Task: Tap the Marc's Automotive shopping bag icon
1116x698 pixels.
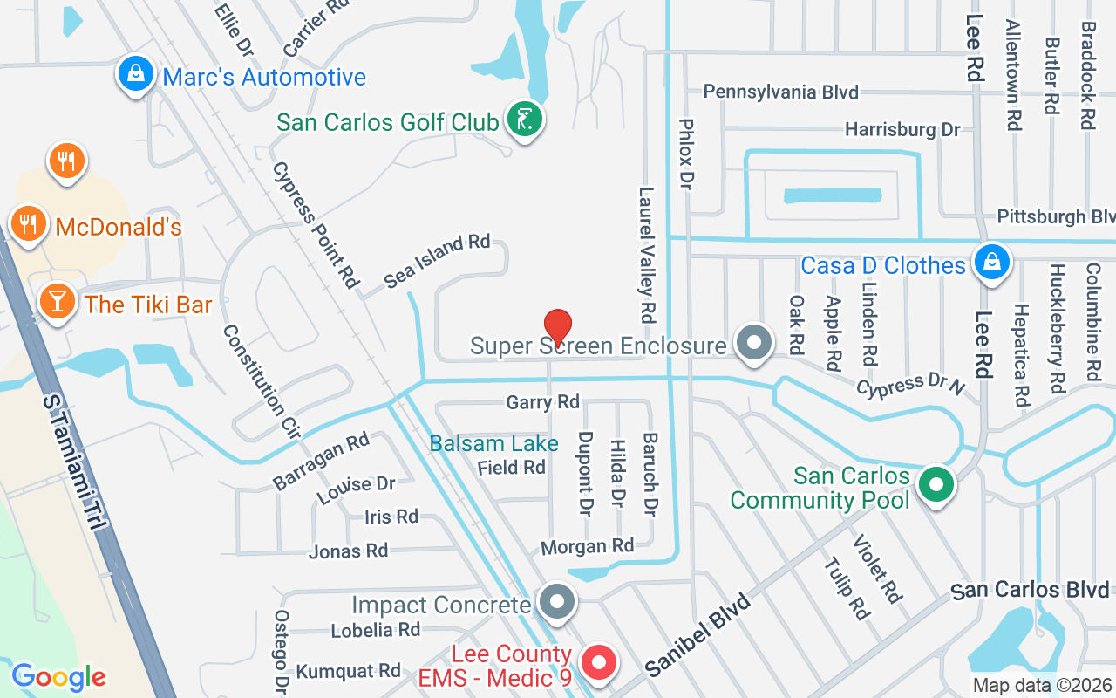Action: pyautogui.click(x=137, y=75)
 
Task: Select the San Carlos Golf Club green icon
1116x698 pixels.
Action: pyautogui.click(x=525, y=120)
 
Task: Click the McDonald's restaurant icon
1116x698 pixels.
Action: pyautogui.click(x=29, y=224)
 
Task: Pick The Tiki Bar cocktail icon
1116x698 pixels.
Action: pyautogui.click(x=57, y=302)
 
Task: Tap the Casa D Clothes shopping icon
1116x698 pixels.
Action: pyautogui.click(x=991, y=262)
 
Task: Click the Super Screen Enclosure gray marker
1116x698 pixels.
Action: pyautogui.click(x=754, y=344)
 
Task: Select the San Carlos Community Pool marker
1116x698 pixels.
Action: pyautogui.click(x=936, y=485)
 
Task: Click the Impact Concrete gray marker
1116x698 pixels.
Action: pyautogui.click(x=556, y=602)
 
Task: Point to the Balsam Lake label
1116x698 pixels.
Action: pyautogui.click(x=493, y=443)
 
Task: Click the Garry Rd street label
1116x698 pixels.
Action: pyautogui.click(x=542, y=401)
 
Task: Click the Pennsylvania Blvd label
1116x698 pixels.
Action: pyautogui.click(x=780, y=92)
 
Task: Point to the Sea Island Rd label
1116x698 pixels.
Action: pyautogui.click(x=437, y=261)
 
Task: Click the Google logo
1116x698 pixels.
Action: pyautogui.click(x=58, y=676)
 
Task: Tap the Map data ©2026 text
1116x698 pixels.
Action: pyautogui.click(x=1042, y=686)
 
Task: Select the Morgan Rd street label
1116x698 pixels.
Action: pyautogui.click(x=587, y=546)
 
